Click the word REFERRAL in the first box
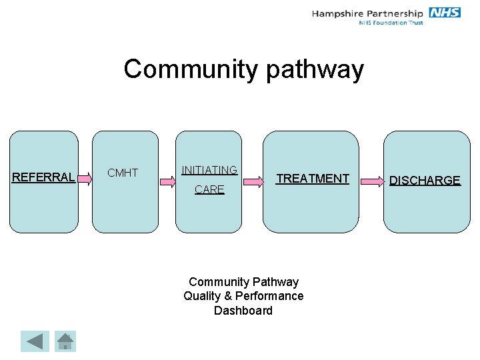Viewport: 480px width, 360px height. click(x=43, y=177)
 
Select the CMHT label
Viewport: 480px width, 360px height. click(x=123, y=173)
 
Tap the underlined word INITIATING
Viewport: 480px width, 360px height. click(x=209, y=170)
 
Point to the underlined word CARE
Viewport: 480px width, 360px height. click(x=209, y=190)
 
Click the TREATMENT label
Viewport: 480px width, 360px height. click(x=313, y=178)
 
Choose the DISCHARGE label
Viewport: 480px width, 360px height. click(x=425, y=181)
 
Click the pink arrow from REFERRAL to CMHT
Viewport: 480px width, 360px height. click(x=84, y=177)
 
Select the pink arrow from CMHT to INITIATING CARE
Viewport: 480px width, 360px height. click(x=167, y=179)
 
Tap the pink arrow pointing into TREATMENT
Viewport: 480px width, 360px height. click(x=253, y=179)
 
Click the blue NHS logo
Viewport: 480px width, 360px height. click(x=445, y=13)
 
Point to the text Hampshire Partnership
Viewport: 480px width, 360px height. click(x=367, y=13)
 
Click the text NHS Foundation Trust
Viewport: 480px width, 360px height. click(x=391, y=23)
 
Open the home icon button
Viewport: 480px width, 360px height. click(x=65, y=341)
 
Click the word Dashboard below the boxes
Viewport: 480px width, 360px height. click(x=243, y=311)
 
